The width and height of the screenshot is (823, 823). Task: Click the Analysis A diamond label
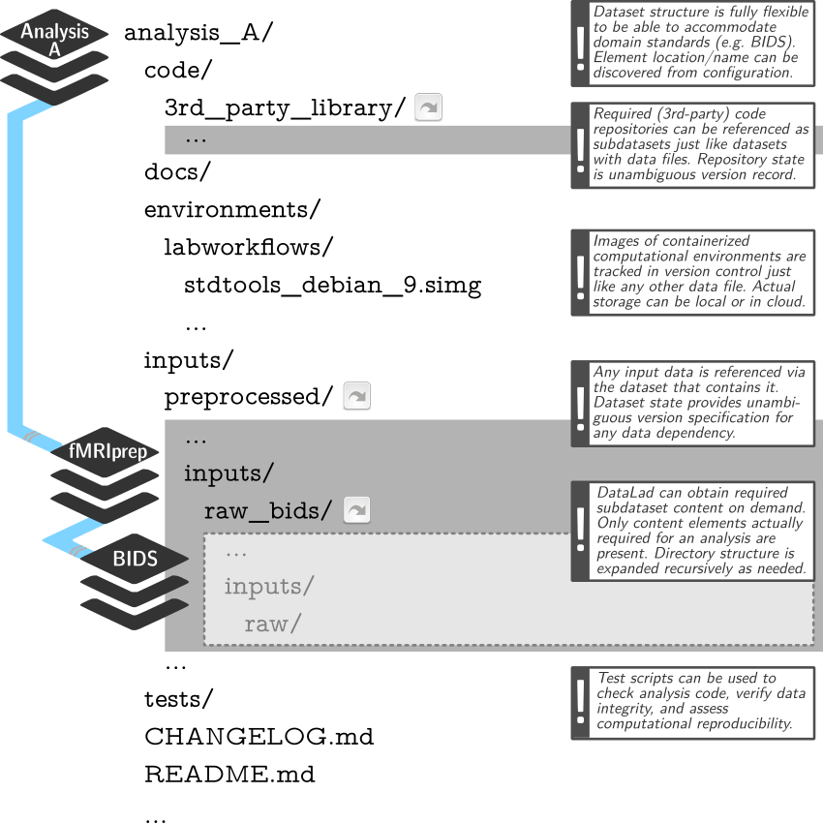click(54, 39)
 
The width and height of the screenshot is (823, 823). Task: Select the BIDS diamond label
click(136, 559)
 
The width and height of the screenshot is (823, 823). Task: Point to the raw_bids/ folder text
click(268, 510)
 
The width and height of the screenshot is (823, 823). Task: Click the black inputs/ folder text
click(229, 473)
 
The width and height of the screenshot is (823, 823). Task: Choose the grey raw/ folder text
click(272, 624)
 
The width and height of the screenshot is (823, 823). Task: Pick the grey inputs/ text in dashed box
click(269, 587)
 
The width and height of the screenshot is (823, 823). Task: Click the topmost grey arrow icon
click(428, 107)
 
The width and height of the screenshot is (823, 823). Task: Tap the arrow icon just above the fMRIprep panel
click(356, 395)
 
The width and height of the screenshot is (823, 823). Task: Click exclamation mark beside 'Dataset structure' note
click(581, 43)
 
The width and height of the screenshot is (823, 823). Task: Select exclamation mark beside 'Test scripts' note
click(581, 702)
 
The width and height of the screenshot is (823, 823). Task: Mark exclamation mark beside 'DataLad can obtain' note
click(581, 531)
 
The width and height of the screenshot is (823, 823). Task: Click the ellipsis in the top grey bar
click(196, 139)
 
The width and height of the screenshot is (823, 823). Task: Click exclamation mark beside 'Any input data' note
click(581, 403)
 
